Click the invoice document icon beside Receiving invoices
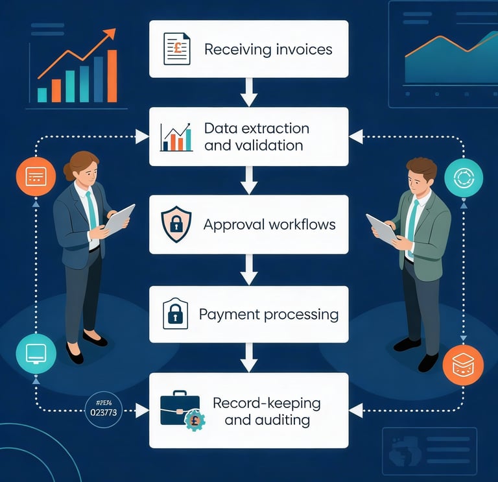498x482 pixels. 176,49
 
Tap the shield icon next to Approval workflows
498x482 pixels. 175,225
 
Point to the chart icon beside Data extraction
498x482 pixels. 176,137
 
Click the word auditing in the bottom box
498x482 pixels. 279,420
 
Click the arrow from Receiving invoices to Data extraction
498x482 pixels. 249,92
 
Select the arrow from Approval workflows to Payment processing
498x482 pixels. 249,269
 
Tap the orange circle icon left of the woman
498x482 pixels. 36,176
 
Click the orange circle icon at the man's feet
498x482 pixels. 463,366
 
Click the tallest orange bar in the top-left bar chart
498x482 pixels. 112,76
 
